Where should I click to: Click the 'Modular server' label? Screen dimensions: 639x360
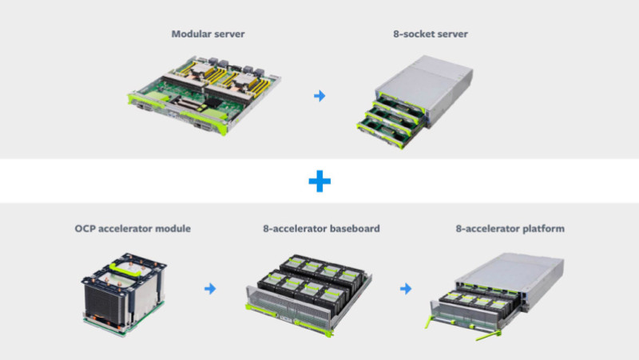pos(208,34)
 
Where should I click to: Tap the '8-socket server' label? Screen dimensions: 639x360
pos(431,34)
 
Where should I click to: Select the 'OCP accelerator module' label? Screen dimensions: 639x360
pos(133,228)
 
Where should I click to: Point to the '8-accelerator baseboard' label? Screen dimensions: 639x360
pos(321,228)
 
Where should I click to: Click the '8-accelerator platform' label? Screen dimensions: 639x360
pos(510,229)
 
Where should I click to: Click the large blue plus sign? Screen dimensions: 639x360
pos(319,181)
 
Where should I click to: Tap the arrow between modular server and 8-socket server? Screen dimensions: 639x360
pos(319,96)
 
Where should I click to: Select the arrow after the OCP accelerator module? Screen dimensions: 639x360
pos(210,289)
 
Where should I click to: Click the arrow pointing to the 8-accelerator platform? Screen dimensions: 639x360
pos(406,289)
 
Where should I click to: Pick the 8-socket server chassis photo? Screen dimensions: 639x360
pos(415,102)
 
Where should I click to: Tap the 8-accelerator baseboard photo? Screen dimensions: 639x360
pos(309,295)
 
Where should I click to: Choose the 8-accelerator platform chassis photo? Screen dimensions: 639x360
pos(495,296)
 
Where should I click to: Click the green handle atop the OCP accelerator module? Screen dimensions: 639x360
pos(125,269)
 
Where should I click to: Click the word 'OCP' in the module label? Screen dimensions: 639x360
pos(85,228)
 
